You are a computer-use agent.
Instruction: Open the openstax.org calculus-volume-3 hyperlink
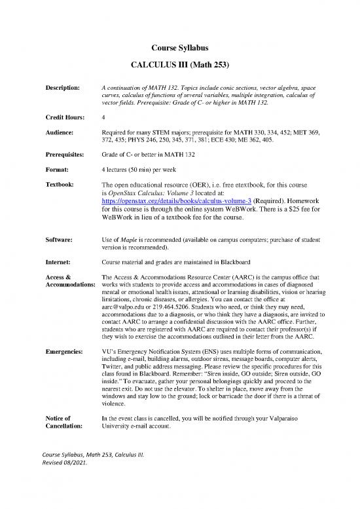pos(177,201)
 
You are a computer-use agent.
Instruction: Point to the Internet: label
pos(60,263)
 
